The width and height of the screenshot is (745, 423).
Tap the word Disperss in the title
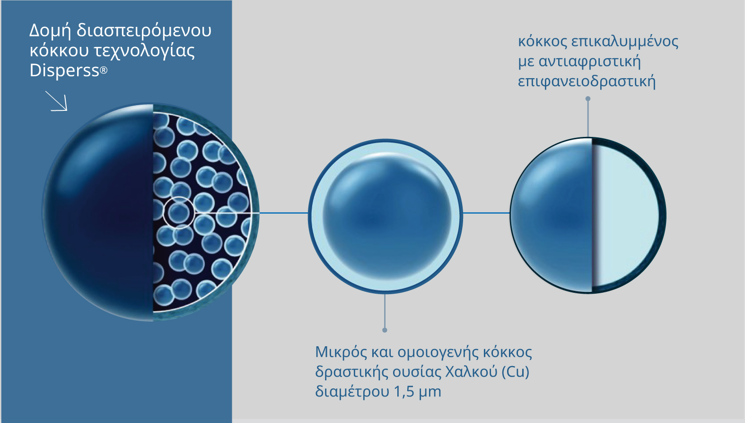point(64,71)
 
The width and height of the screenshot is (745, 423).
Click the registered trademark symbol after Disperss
point(104,71)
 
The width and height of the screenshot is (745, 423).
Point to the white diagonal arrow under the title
point(57,101)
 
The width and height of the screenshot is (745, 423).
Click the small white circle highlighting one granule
point(179,212)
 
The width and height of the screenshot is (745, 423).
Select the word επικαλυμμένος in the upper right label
point(624,42)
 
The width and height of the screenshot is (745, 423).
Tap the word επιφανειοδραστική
point(587,81)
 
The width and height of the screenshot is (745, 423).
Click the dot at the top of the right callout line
point(588,99)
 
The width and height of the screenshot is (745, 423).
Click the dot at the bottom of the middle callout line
point(385,330)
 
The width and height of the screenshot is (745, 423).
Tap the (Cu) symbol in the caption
point(515,372)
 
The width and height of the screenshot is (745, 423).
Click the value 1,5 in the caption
point(403,392)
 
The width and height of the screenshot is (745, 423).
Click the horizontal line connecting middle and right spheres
point(486,213)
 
